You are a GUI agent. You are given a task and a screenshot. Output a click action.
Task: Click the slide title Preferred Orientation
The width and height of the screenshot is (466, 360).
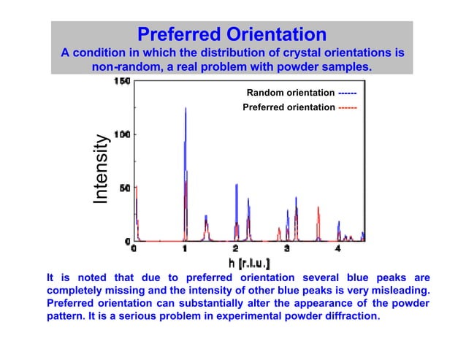(232, 34)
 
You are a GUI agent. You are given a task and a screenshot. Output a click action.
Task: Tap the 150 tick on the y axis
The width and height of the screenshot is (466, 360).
(121, 82)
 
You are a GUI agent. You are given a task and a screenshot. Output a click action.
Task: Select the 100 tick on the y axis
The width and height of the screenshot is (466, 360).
(121, 135)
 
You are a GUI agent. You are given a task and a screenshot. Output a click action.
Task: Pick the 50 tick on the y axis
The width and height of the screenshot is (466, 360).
(123, 188)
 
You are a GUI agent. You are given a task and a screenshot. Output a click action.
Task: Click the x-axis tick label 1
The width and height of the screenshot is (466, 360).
(185, 249)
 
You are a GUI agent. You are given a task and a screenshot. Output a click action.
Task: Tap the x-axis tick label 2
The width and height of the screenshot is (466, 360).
(236, 249)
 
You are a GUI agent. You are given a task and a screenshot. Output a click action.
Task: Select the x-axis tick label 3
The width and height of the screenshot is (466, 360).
(287, 249)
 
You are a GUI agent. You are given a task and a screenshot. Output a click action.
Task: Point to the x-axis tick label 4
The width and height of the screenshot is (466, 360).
(337, 249)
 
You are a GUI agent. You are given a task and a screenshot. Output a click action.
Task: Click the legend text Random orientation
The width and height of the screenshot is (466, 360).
(291, 93)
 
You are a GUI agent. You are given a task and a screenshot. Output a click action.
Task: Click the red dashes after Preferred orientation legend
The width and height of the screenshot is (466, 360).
(348, 107)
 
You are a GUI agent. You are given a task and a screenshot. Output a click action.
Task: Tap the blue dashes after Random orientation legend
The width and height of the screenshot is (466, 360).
(348, 93)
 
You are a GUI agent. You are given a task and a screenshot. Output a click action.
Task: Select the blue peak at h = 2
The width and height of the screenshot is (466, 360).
(237, 186)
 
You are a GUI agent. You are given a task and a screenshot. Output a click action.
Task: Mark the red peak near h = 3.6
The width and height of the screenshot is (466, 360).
(318, 209)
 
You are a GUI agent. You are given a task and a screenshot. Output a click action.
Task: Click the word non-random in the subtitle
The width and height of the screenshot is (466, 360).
(124, 67)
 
